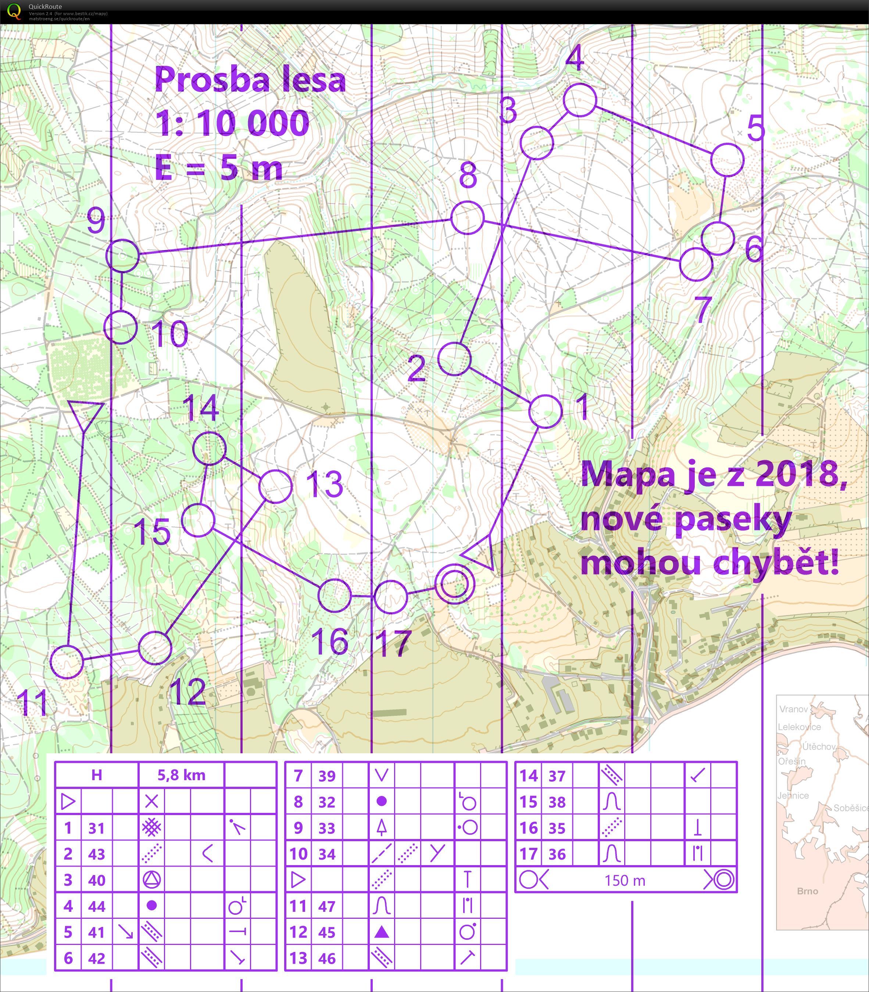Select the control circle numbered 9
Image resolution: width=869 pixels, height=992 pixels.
pos(122,255)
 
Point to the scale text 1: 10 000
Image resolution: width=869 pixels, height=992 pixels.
pos(232,123)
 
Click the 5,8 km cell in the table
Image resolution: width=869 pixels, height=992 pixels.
pos(181,775)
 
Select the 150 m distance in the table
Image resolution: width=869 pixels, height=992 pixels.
pos(625,881)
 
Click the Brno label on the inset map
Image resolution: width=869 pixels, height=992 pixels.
pos(807,891)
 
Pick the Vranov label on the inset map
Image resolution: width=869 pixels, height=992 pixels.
pos(793,709)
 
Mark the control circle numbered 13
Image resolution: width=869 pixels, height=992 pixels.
pos(275,486)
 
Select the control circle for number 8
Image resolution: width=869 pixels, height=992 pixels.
pos(468,218)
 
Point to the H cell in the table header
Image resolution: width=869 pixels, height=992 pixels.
pos(97,775)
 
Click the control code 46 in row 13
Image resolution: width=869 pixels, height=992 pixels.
pos(326,959)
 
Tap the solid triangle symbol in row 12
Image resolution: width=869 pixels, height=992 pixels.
pos(382,932)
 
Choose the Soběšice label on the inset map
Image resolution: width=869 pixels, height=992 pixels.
pos(851,808)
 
